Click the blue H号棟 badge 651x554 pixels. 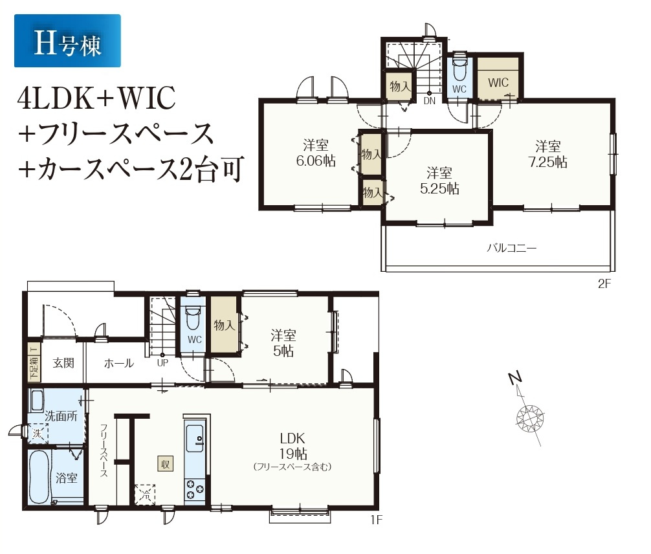click(x=67, y=41)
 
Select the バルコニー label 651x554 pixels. click(x=511, y=249)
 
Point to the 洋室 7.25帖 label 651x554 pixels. click(x=547, y=154)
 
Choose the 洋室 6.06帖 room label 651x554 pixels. click(x=316, y=153)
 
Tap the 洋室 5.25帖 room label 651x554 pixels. click(x=439, y=181)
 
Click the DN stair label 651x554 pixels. click(x=429, y=100)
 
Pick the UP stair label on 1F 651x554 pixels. click(x=162, y=362)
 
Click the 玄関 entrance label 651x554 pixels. click(x=63, y=363)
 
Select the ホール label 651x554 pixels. click(x=118, y=363)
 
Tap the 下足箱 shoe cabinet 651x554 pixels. click(x=34, y=362)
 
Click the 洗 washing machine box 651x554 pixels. click(x=38, y=434)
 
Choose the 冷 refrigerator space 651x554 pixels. click(x=145, y=494)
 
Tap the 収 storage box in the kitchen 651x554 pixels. click(x=165, y=464)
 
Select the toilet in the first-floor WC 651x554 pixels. click(x=193, y=317)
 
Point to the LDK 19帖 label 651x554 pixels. click(x=292, y=446)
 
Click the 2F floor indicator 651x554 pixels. click(x=604, y=283)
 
